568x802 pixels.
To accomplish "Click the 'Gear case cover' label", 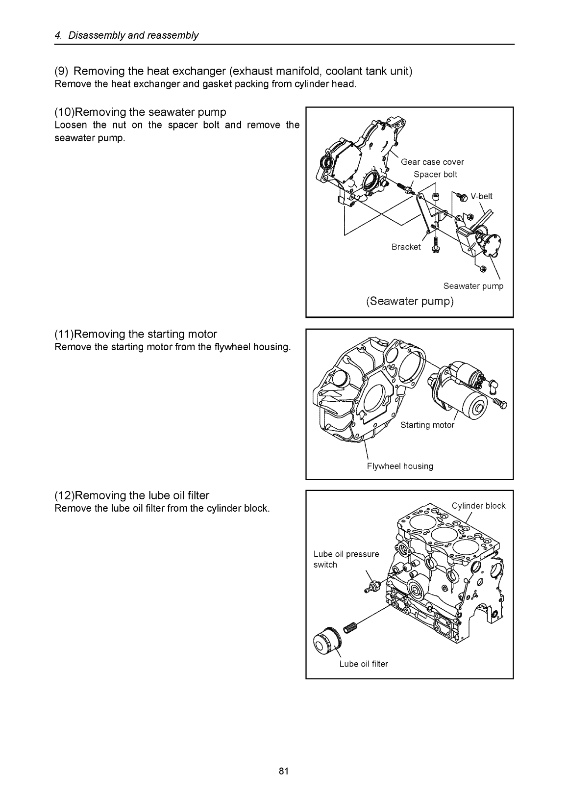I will coord(432,162).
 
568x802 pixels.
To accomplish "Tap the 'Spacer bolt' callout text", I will coord(435,174).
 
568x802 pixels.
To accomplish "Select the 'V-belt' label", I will coord(481,196).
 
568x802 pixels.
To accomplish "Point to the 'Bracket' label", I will coord(406,247).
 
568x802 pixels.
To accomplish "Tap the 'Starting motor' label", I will coord(427,425).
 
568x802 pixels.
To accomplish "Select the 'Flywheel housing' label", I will coord(400,466).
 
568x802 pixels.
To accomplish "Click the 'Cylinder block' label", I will coord(478,506).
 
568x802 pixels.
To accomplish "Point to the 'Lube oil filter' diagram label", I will coord(363,664).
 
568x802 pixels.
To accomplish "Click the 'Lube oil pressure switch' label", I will coord(346,559).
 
